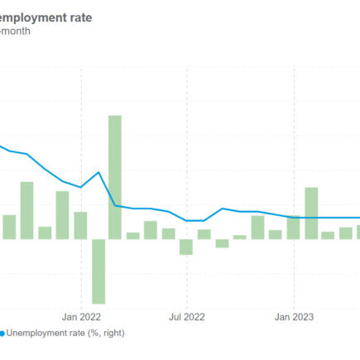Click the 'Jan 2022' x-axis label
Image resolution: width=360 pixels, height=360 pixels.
pos(80,316)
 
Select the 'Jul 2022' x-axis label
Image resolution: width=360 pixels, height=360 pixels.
pos(186,316)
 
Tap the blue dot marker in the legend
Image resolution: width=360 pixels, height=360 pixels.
pos(2,334)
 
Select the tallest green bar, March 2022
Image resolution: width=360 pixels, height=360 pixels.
pos(115,177)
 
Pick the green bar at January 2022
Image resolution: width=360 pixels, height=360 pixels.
pos(80,225)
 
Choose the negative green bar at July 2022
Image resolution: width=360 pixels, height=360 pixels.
pos(186,247)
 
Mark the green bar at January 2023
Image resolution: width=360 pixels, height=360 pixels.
pos(294,228)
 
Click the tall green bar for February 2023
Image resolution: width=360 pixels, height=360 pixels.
pos(311,214)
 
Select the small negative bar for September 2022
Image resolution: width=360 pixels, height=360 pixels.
pos(222,243)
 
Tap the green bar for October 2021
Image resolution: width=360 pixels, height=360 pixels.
pos(26,210)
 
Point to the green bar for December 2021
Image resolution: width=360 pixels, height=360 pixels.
pos(62,215)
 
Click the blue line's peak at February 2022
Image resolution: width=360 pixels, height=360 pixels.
pos(98,173)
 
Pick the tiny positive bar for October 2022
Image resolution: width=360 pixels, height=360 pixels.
pos(240,238)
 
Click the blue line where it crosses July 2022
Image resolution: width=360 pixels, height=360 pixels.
pos(187,220)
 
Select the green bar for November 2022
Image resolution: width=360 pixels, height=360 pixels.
pos(257,228)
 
